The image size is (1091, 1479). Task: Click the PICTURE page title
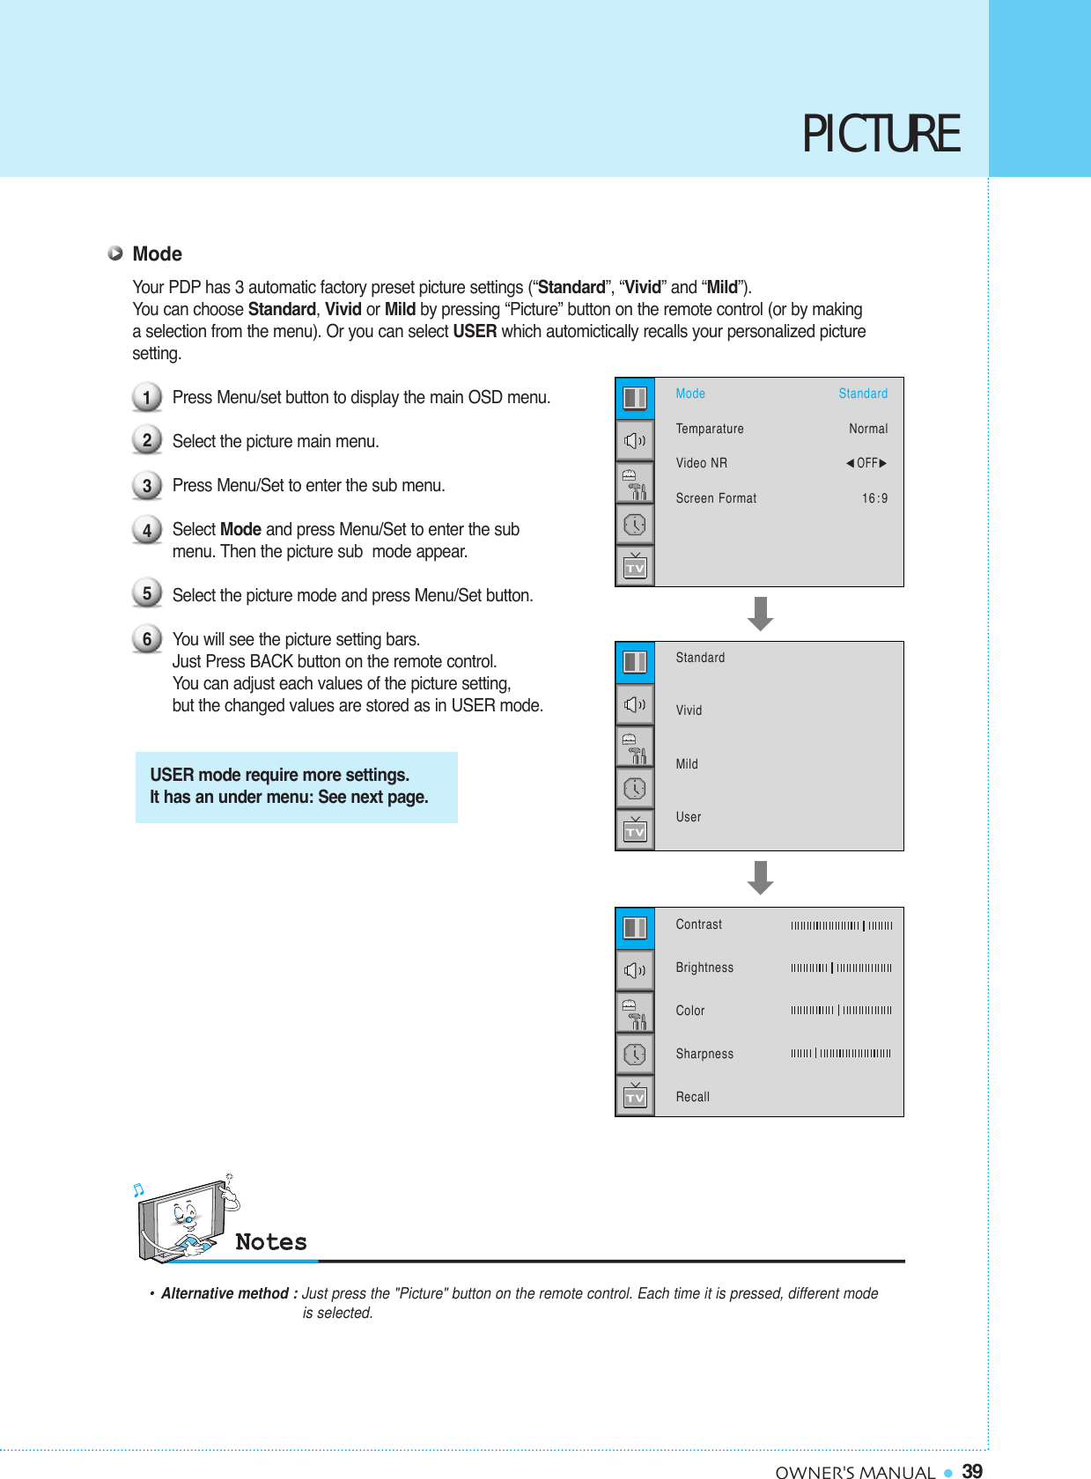[880, 135]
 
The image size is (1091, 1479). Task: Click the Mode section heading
[157, 254]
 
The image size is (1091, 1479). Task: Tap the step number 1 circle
[147, 397]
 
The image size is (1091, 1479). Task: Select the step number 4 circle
[147, 530]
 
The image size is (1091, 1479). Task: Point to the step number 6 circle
[147, 639]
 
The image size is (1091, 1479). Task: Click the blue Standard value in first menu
[862, 394]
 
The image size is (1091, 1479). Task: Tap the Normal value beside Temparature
[867, 429]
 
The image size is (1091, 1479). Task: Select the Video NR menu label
[701, 463]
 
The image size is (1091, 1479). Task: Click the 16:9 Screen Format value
[874, 498]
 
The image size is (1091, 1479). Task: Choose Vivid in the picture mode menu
[689, 710]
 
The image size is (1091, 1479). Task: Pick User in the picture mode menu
[688, 817]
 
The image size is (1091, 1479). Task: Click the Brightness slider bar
[841, 968]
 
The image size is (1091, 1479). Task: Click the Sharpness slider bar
[841, 1053]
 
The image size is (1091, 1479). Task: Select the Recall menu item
[692, 1097]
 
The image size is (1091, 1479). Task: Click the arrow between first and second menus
[760, 614]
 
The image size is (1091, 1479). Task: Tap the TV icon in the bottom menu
[635, 1096]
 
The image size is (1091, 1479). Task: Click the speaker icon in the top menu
[635, 440]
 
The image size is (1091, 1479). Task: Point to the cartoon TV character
[185, 1219]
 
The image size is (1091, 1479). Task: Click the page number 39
[972, 1471]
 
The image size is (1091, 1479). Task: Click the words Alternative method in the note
[225, 1293]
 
